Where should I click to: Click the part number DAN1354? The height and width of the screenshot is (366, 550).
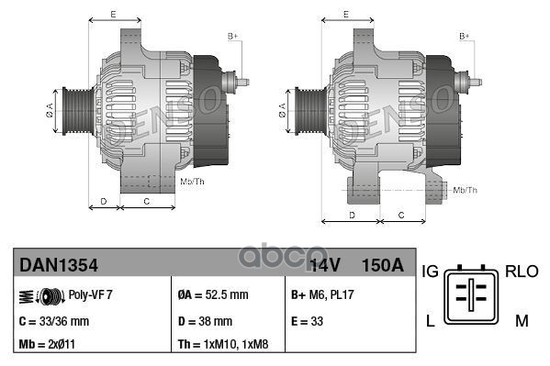point(59,265)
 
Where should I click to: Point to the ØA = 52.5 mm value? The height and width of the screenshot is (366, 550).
point(212,294)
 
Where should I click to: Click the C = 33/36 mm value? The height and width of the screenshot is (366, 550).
point(54,321)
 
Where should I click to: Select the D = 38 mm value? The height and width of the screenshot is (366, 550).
point(204,321)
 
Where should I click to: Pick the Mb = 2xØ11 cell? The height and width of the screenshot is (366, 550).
point(48,346)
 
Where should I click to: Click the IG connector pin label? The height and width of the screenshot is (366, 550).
point(430,272)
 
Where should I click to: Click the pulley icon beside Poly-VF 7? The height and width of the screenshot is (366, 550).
point(42,295)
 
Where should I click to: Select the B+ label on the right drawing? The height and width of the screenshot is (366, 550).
point(465,36)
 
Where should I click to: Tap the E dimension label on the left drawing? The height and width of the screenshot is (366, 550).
point(113,15)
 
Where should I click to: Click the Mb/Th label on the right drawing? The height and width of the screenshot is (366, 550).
point(466,190)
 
